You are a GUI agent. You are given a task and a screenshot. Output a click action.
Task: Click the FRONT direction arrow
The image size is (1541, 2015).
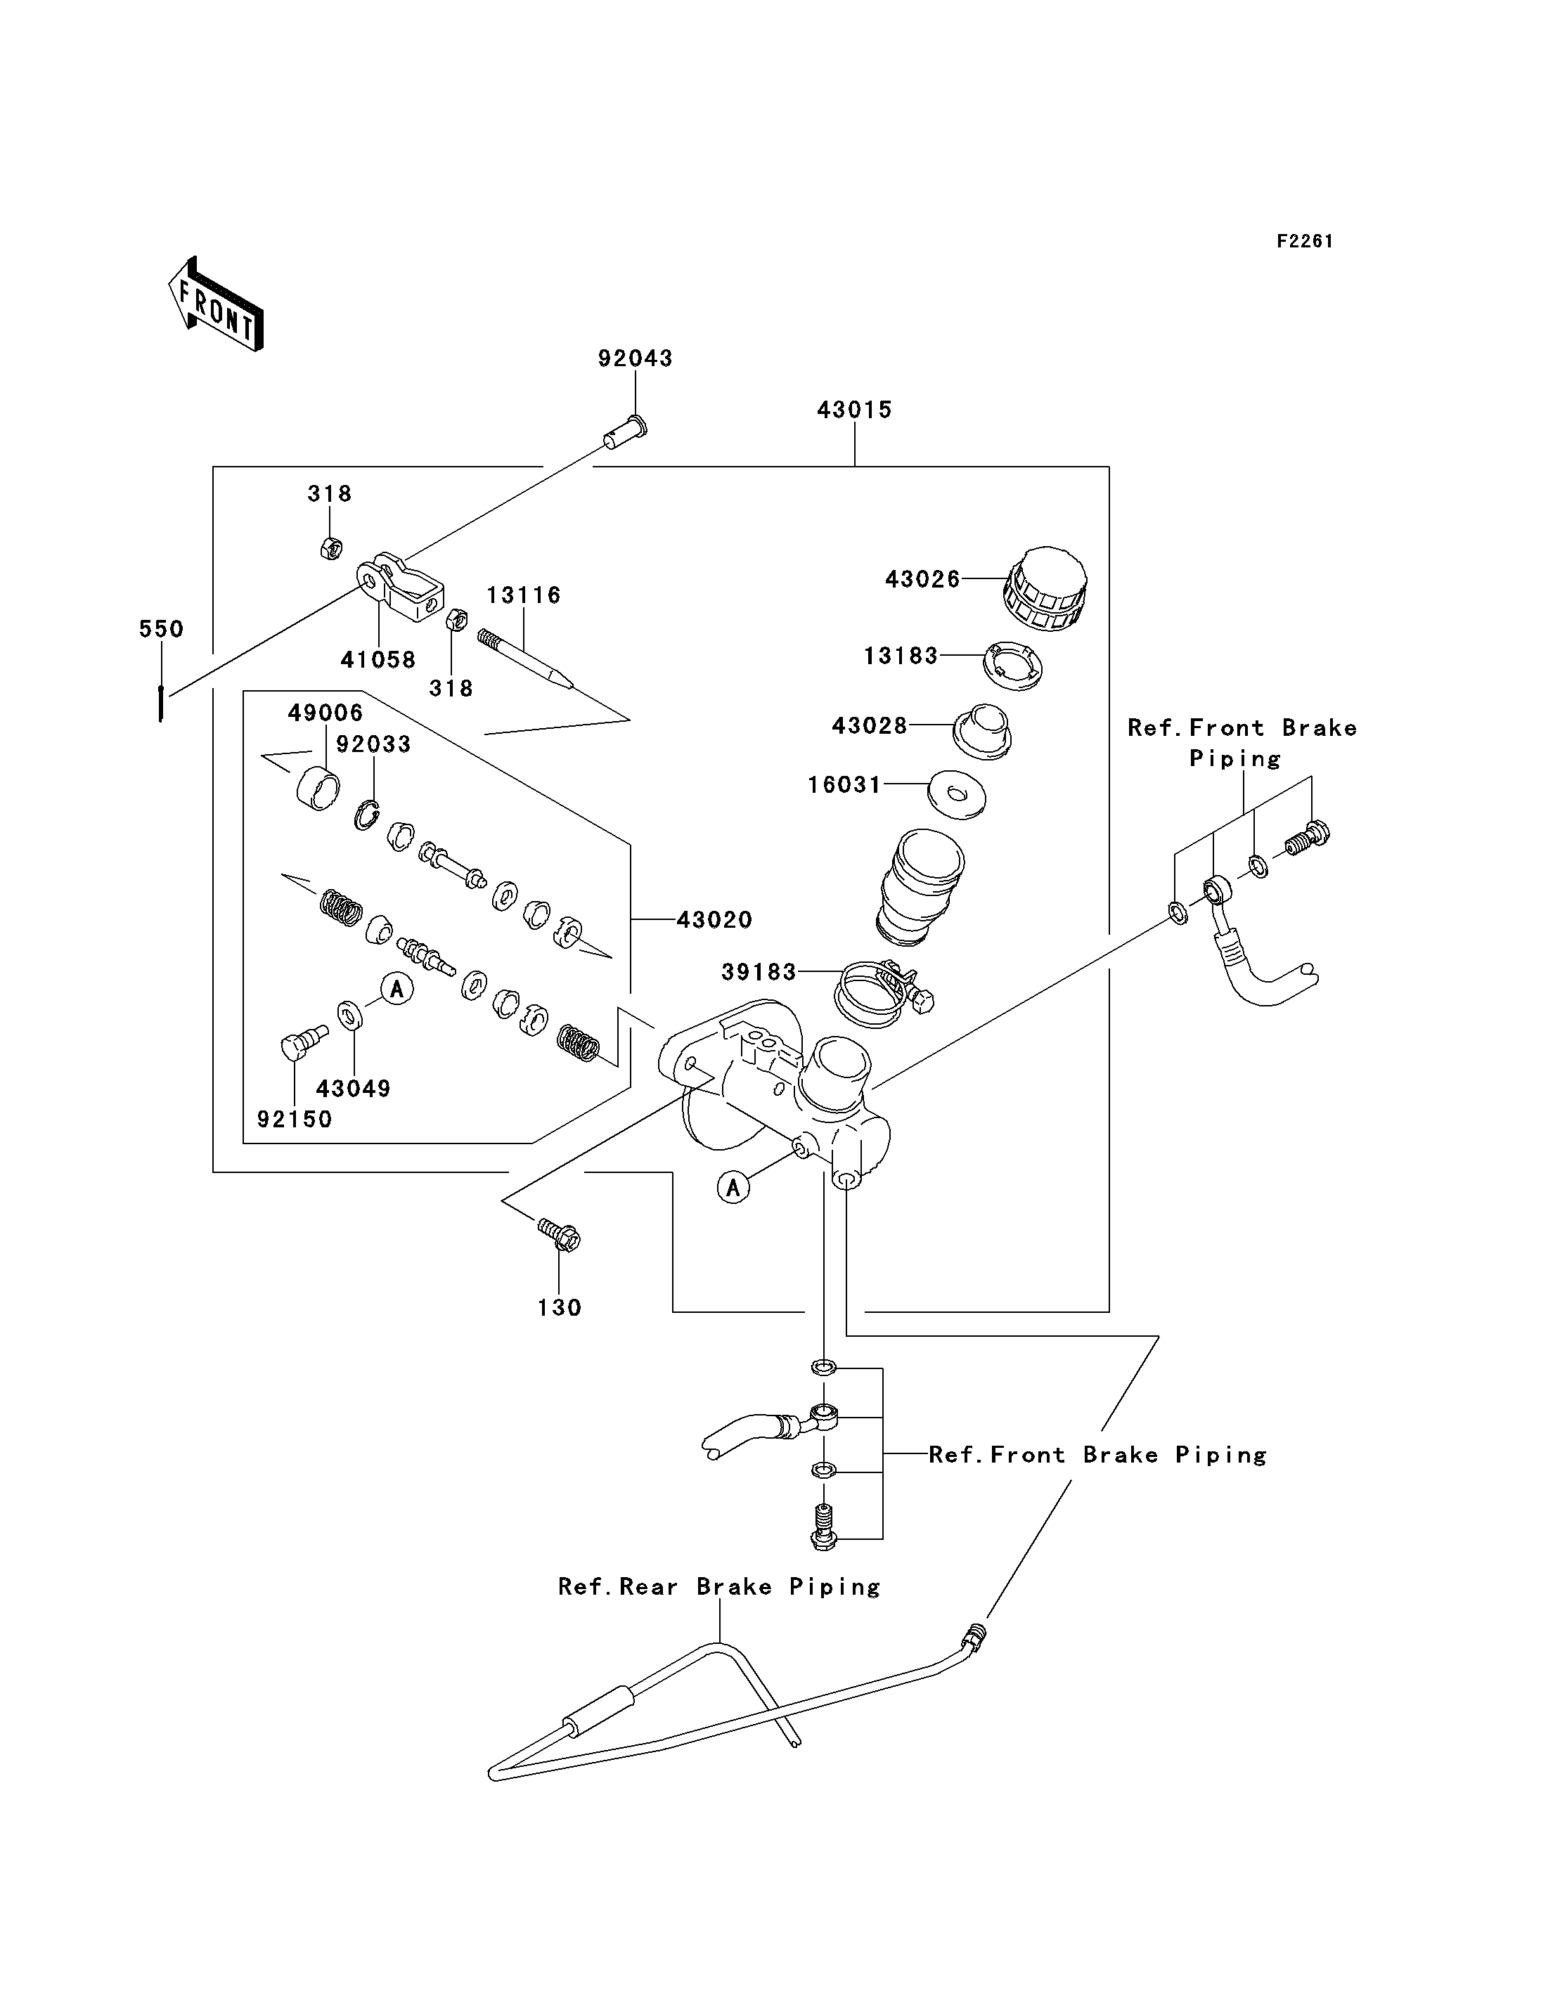coord(217,304)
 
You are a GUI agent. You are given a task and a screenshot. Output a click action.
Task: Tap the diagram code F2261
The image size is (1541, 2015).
coord(1304,241)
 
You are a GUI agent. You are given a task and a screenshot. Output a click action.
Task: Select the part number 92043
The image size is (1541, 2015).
coord(635,358)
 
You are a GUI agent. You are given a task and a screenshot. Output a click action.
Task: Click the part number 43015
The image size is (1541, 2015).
coord(854,410)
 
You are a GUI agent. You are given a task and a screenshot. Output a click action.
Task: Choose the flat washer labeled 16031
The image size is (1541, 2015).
coord(957,793)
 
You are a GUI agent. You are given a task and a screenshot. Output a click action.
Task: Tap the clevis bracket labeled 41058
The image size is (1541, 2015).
coord(401,587)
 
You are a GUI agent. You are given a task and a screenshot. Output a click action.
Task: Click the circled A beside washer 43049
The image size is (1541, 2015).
coord(397,989)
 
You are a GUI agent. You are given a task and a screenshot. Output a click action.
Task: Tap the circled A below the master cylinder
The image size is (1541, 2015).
coord(733,1188)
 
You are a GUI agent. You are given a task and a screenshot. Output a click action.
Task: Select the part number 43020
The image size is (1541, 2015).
coord(714,920)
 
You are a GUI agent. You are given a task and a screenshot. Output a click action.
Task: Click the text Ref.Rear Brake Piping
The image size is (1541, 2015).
coord(720,1588)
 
